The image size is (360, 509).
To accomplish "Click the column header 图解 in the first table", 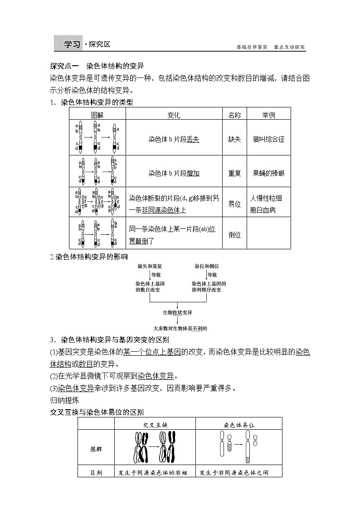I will pos(97,115).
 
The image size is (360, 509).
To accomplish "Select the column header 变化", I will pos(174,115).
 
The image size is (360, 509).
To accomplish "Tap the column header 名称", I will pos(234,115).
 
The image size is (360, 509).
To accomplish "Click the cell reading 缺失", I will pos(234,139).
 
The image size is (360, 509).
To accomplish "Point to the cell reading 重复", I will pos(234,173).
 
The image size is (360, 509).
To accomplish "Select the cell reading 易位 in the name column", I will pos(234,204).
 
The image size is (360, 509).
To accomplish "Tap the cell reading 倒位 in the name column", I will pos(234,234).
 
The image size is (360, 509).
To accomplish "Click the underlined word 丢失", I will pos(193,139).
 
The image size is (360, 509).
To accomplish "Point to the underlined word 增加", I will pos(193,173).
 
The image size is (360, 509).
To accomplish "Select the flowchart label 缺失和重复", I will pos(150,266).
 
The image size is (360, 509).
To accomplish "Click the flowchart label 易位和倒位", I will pos(206,266).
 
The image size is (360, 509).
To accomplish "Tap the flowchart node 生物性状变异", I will pos(177,313).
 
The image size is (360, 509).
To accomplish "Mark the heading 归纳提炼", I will pos(64,400).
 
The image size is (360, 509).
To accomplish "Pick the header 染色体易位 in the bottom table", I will pos(239,425).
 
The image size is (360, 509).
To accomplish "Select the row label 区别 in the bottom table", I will pos(96,472).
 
